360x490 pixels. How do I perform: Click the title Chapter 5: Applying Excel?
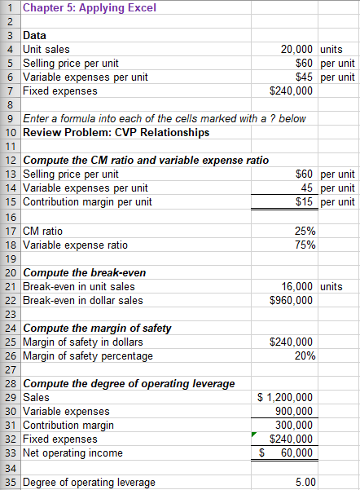click(79, 8)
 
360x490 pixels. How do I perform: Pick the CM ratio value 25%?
click(305, 231)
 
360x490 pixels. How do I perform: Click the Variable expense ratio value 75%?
click(305, 245)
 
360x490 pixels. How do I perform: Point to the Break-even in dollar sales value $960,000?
click(291, 300)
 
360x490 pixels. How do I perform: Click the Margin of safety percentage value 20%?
click(305, 355)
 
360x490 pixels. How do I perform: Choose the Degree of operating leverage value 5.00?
click(305, 483)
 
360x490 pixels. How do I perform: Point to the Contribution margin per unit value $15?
click(305, 201)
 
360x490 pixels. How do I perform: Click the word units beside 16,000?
click(331, 286)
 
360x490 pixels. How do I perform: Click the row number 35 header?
click(10, 483)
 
